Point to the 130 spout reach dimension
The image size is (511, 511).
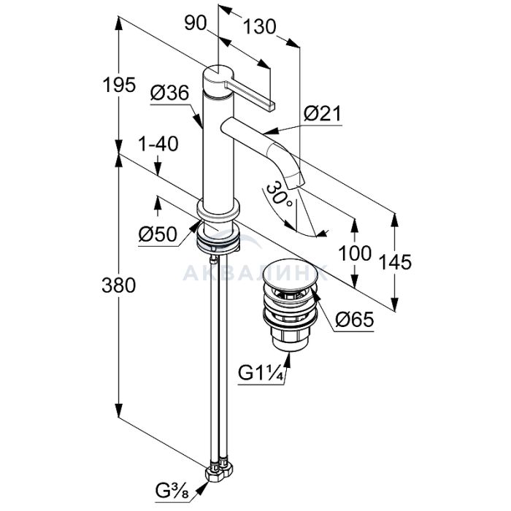259,27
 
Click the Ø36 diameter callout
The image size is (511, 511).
169,93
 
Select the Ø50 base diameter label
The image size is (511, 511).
158,235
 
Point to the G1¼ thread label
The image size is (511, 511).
259,373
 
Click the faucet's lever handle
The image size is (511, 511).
249,94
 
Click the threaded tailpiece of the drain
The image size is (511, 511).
291,337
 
